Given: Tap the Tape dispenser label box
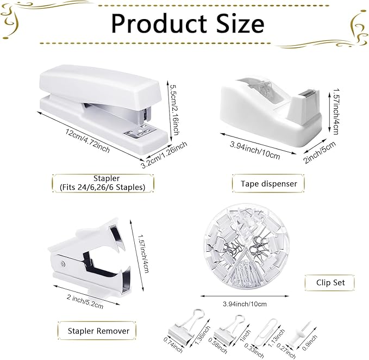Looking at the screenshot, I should point(269,183).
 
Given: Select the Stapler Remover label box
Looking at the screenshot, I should point(98,330).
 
